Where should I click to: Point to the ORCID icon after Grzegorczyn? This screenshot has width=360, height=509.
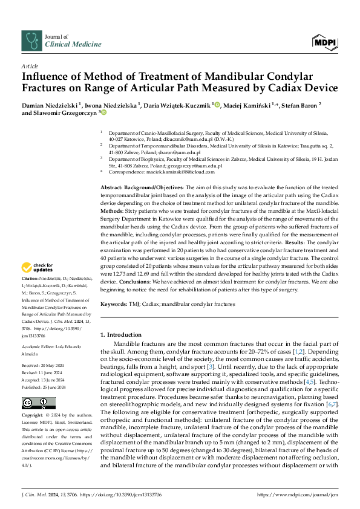(x=104, y=112)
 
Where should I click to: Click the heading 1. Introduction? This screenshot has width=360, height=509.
(x=125, y=334)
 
